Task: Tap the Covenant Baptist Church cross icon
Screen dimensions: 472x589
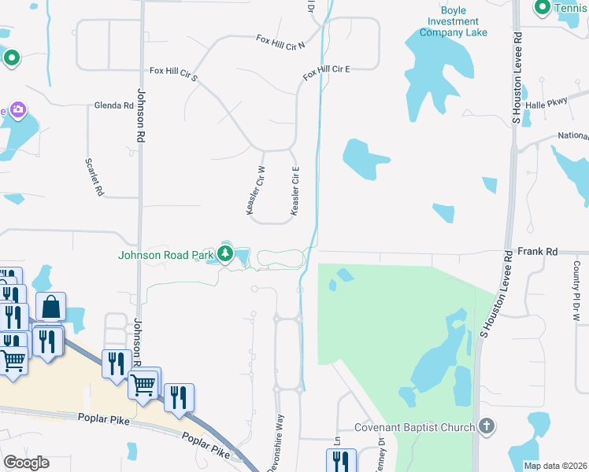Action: point(487,427)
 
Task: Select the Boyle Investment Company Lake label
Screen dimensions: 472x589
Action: point(453,21)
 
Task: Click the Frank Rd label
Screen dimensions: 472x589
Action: point(539,252)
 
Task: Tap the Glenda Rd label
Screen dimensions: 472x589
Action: point(113,105)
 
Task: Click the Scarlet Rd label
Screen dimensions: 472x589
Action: point(94,175)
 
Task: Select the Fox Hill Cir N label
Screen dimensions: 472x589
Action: point(280,39)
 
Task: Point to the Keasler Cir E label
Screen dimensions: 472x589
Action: point(296,190)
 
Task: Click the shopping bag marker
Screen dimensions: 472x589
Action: point(50,307)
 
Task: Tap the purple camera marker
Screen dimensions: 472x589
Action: point(17,110)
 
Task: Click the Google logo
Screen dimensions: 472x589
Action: point(26,463)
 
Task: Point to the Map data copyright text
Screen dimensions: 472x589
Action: point(555,466)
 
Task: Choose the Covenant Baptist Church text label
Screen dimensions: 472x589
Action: point(414,427)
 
